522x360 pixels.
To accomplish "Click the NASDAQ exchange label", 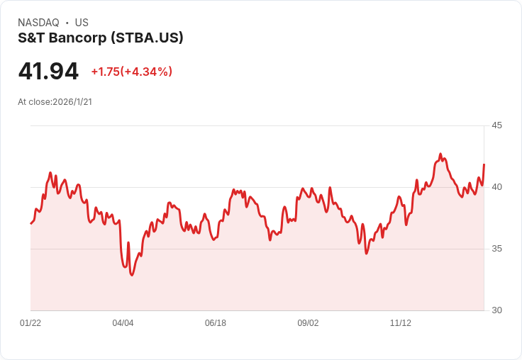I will coord(38,23).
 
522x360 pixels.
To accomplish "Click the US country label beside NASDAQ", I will coord(82,23).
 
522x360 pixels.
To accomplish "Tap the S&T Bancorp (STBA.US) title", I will coord(101,38).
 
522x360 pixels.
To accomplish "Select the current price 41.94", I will coord(48,71).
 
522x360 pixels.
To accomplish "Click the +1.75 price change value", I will coord(104,72).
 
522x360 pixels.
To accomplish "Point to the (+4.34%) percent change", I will coord(147,72).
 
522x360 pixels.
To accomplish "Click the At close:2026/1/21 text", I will coord(55,102).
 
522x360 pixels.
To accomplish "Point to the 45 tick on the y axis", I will coord(497,125).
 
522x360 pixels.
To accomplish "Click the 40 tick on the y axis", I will coord(497,187).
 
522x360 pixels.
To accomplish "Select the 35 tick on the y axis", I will coord(497,249).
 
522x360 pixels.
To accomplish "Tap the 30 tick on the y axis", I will coord(497,310).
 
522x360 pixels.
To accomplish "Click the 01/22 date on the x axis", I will coord(30,323).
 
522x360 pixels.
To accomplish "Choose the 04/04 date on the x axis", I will coord(123,323).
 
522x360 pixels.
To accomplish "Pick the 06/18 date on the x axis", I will coord(216,323).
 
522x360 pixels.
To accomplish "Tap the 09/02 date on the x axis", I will coord(308,323).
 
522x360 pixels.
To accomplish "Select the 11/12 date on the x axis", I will coord(401,323).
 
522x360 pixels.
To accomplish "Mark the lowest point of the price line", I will coord(132,275).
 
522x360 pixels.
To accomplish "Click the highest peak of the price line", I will coord(440,154).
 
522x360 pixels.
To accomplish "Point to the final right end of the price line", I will coord(484,164).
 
